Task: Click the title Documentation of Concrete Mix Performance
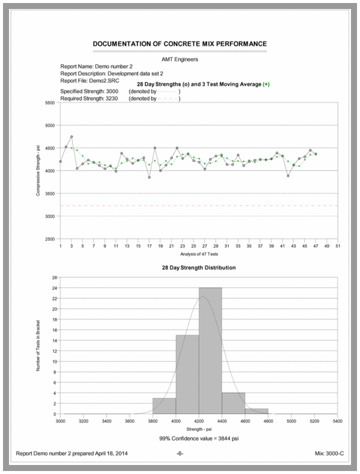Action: click(x=180, y=44)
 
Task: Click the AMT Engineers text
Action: click(x=180, y=59)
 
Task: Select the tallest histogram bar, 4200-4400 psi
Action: click(x=211, y=351)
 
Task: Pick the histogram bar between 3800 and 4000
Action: click(x=164, y=406)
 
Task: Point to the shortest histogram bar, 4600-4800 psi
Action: click(x=257, y=412)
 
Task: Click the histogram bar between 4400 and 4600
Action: click(x=233, y=404)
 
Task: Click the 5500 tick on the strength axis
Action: click(x=50, y=103)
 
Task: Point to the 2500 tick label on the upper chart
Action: click(x=50, y=239)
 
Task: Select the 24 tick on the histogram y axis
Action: click(x=55, y=288)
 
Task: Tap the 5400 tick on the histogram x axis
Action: click(x=337, y=422)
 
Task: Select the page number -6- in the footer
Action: click(x=180, y=455)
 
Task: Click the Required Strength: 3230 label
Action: click(x=92, y=98)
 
